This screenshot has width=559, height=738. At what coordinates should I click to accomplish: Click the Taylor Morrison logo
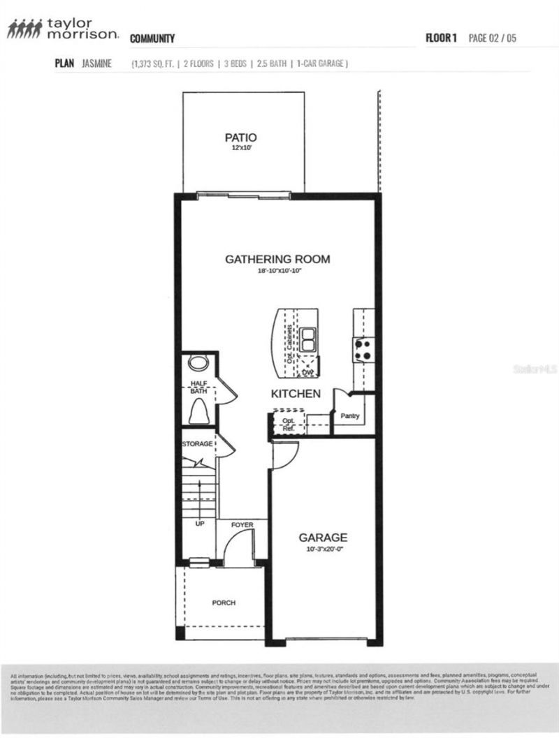point(63,29)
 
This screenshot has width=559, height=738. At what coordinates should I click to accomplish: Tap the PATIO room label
point(240,138)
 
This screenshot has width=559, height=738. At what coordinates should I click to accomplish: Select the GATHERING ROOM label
point(277,260)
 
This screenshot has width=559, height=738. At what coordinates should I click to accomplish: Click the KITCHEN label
point(296,394)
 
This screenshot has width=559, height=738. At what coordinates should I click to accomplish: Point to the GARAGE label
point(323,538)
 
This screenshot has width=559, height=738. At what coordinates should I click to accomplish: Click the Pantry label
point(349,416)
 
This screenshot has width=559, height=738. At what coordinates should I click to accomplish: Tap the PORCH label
point(224,603)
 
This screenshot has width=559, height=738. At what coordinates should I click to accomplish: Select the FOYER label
point(242,524)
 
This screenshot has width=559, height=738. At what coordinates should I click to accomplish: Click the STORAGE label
point(197,444)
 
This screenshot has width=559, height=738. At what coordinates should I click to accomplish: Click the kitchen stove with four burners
point(363,349)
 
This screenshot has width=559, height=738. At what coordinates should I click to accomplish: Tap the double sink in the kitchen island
point(308,340)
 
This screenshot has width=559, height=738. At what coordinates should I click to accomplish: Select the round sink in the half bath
point(199,364)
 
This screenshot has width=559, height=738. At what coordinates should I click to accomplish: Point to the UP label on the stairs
point(199,523)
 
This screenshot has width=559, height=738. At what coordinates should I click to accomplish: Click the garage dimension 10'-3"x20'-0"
point(323,549)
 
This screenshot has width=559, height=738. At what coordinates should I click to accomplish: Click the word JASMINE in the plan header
point(96,64)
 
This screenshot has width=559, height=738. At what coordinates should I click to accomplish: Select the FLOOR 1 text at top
point(441,38)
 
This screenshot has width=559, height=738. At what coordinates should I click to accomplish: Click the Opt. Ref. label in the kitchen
point(288,425)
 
